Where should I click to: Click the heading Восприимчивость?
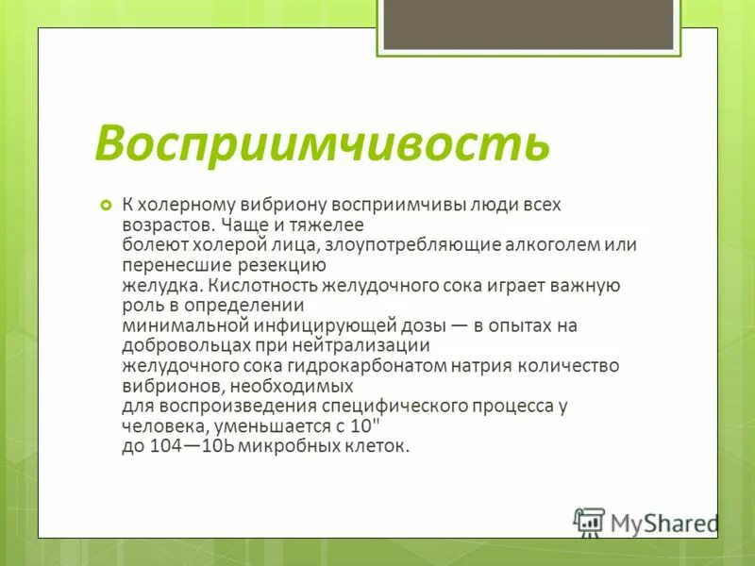[x=322, y=142]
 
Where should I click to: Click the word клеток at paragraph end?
[x=382, y=446]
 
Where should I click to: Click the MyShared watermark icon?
[x=589, y=521]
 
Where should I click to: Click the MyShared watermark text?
[x=664, y=523]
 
